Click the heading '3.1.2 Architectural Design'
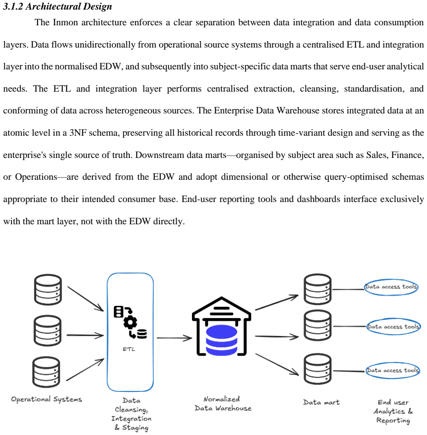(x=58, y=6)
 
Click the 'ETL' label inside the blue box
(x=129, y=349)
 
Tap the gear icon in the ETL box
(x=130, y=322)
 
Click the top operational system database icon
(x=48, y=290)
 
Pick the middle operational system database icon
(x=48, y=331)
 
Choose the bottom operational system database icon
(x=46, y=372)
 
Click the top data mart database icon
(x=318, y=289)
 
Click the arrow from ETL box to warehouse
(x=174, y=338)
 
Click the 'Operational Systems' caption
(x=47, y=399)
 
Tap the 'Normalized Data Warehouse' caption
(x=223, y=404)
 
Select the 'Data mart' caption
(x=321, y=402)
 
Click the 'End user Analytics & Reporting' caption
(x=393, y=411)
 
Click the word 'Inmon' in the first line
(x=65, y=22)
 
